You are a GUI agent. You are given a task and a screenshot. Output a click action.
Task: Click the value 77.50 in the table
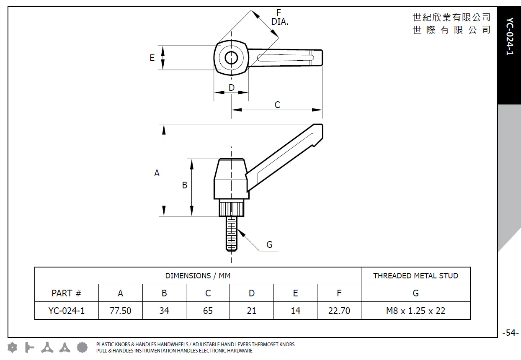pyautogui.click(x=121, y=311)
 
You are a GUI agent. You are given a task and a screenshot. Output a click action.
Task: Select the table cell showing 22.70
pyautogui.click(x=339, y=311)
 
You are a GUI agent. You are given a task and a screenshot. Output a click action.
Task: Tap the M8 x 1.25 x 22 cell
pyautogui.click(x=415, y=311)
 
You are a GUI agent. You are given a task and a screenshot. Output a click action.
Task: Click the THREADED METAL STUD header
pyautogui.click(x=415, y=276)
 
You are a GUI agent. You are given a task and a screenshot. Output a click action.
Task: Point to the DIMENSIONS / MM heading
pyautogui.click(x=198, y=276)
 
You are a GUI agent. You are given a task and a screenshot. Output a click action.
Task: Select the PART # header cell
pyautogui.click(x=66, y=293)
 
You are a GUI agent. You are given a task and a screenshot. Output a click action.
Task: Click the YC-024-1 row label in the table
pyautogui.click(x=66, y=311)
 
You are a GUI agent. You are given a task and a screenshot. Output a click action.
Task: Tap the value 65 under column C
pyautogui.click(x=208, y=311)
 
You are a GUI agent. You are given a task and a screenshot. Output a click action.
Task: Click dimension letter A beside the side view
pyautogui.click(x=157, y=173)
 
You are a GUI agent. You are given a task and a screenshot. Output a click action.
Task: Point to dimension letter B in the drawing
pyautogui.click(x=184, y=185)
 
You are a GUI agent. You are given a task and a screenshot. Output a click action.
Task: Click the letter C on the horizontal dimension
pyautogui.click(x=277, y=105)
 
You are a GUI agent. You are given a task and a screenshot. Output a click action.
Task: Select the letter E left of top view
pyautogui.click(x=152, y=58)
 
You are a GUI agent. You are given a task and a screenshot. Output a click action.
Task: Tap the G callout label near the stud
pyautogui.click(x=269, y=245)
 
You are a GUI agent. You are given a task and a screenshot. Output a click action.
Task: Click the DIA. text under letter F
pyautogui.click(x=279, y=22)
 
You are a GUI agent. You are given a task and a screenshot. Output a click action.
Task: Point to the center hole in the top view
pyautogui.click(x=231, y=58)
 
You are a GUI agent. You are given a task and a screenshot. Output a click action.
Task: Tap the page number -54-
pyautogui.click(x=510, y=333)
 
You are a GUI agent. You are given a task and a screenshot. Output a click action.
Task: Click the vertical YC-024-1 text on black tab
pyautogui.click(x=509, y=37)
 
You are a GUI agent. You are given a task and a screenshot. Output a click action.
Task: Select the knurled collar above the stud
pyautogui.click(x=231, y=208)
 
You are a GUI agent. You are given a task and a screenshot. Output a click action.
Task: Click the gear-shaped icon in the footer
pyautogui.click(x=83, y=347)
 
